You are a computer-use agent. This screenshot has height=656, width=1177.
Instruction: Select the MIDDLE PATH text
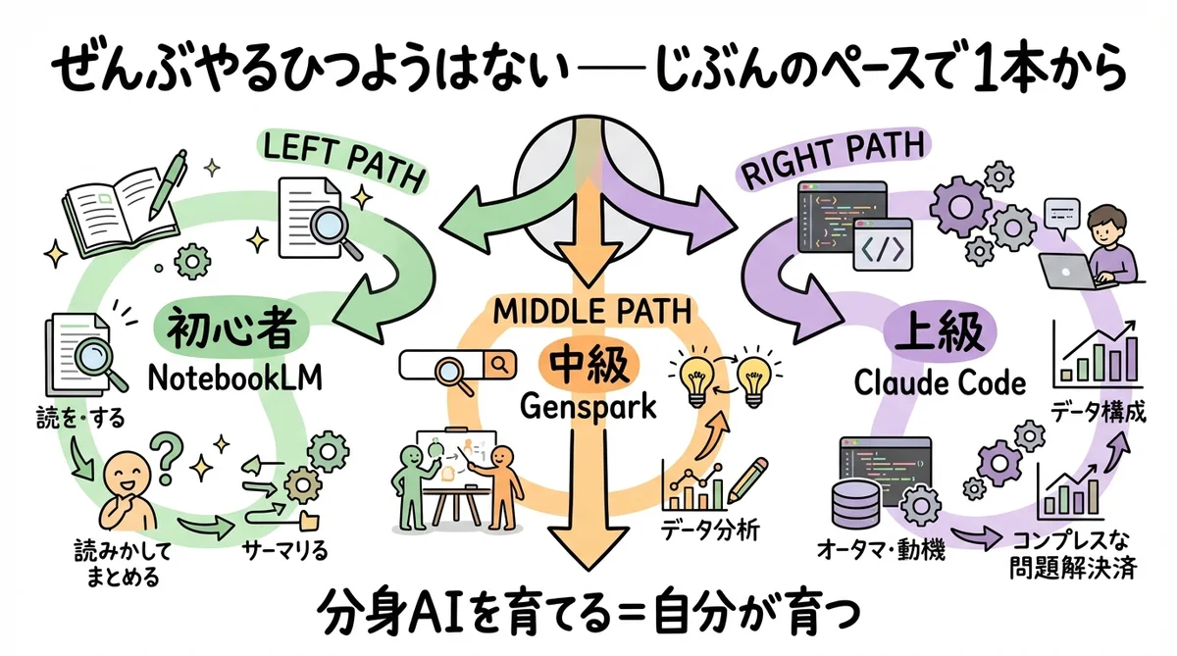(x=588, y=312)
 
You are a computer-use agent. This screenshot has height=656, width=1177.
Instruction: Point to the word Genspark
(x=588, y=406)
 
